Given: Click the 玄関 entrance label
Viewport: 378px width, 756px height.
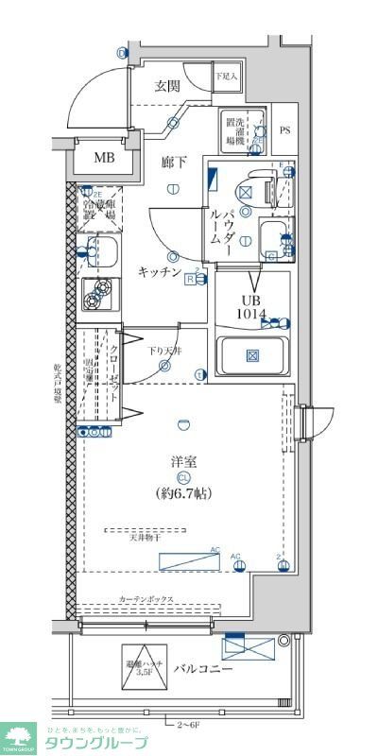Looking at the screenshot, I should pos(167,86).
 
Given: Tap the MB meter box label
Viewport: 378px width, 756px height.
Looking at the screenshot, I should pos(103,158).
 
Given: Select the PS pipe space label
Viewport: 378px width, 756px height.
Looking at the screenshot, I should pos(285,130).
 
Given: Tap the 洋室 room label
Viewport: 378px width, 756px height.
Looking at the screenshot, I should pos(183,462).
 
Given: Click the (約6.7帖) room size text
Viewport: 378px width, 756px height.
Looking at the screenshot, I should pos(182,493).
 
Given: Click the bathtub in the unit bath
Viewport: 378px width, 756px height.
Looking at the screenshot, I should pos(252,356).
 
